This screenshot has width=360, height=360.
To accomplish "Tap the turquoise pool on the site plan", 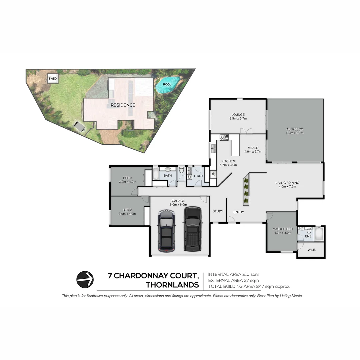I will [x=167, y=84].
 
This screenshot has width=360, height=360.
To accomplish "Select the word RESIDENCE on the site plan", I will [x=123, y=105].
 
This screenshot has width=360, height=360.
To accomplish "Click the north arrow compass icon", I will [x=85, y=279].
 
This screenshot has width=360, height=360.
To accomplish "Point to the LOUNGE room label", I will [x=238, y=115].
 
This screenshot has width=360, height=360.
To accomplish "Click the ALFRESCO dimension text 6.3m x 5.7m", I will [x=295, y=133].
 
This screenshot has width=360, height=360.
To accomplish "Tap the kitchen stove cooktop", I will [x=224, y=137].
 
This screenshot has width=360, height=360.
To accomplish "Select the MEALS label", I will [x=253, y=148].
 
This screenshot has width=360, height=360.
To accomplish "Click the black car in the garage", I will [x=193, y=229].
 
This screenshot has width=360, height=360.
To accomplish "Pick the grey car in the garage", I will [x=166, y=230].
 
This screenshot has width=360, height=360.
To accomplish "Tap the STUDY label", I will [x=218, y=211].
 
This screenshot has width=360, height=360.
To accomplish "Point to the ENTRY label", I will [x=239, y=212].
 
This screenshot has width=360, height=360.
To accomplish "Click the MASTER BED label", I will [x=282, y=229].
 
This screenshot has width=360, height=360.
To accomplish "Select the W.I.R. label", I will [x=312, y=250].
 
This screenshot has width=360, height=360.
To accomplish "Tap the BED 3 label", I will [x=127, y=178].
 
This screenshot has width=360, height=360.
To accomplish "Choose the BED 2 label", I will [x=127, y=210].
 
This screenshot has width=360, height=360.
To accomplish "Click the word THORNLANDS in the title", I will [x=172, y=285].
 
